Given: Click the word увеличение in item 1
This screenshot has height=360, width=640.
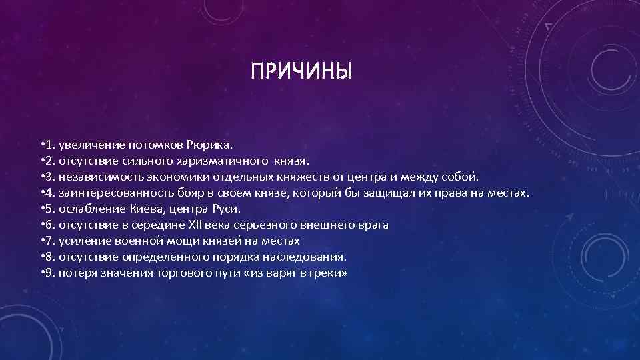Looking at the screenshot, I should (x=85, y=145).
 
